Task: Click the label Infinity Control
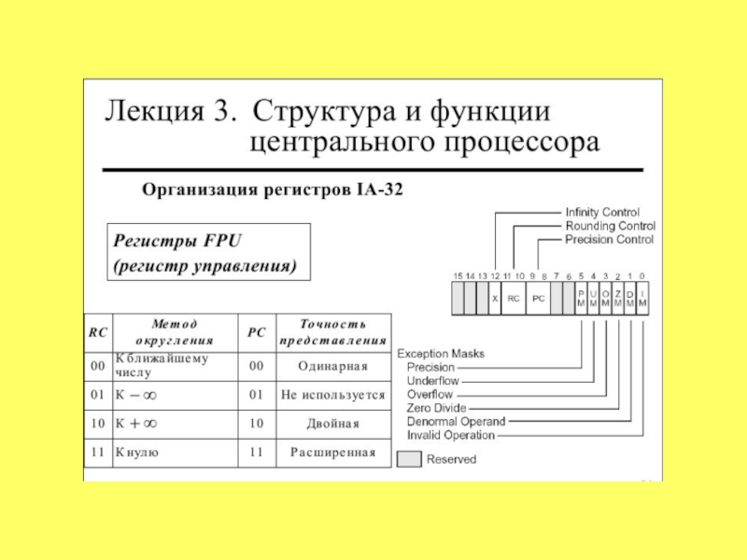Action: point(602,213)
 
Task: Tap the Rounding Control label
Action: point(611,226)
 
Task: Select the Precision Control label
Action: point(609,240)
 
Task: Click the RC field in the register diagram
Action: point(513,300)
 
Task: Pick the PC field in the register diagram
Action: point(537,300)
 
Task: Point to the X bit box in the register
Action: point(494,300)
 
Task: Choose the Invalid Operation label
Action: point(451,435)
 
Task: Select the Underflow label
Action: point(432,381)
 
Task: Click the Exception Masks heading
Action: point(441,354)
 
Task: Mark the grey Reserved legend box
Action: point(409,459)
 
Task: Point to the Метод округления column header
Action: point(176,332)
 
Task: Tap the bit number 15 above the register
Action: point(458,276)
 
